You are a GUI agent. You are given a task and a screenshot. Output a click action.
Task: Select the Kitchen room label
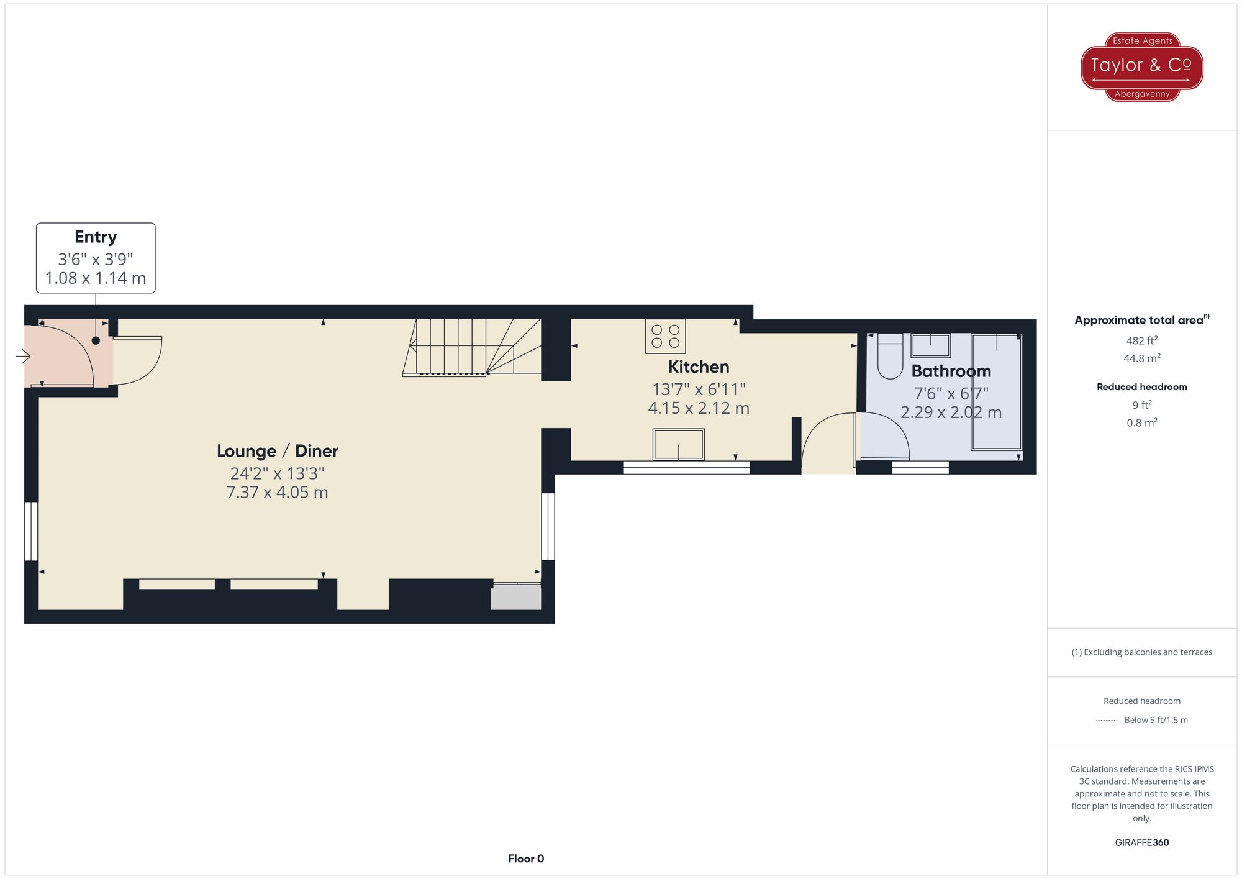click(698, 367)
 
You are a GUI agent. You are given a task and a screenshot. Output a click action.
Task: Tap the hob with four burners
click(665, 336)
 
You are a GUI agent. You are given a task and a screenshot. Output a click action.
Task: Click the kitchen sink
click(678, 444)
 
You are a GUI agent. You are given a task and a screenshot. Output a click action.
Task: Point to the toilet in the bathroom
click(890, 357)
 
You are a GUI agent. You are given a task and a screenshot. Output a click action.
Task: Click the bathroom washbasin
click(930, 345)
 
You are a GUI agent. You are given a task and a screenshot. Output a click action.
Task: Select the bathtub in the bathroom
click(996, 391)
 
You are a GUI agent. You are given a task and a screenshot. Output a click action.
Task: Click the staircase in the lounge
click(472, 348)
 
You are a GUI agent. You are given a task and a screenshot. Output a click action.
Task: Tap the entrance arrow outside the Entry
click(23, 356)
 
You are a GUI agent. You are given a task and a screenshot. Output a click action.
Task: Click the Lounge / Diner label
click(277, 451)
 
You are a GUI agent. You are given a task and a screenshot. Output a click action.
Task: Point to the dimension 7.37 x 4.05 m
click(277, 493)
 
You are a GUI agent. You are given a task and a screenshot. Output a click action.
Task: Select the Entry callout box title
click(96, 237)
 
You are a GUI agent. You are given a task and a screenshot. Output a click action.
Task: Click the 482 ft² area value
click(1141, 340)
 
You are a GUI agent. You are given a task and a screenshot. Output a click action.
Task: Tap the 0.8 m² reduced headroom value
click(1141, 423)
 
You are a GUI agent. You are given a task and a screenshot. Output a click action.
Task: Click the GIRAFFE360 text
click(1141, 842)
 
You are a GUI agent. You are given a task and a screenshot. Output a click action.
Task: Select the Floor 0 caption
click(525, 859)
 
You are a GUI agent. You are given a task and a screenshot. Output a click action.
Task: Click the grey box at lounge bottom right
click(515, 597)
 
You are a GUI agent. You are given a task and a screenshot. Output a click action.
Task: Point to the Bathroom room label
click(951, 371)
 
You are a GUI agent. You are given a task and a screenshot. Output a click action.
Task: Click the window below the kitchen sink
click(686, 468)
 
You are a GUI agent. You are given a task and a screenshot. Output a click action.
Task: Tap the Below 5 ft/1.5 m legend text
click(1155, 720)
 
